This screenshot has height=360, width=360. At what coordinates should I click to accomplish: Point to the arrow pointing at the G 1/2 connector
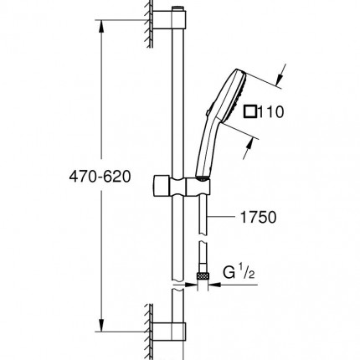(x=217, y=285)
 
